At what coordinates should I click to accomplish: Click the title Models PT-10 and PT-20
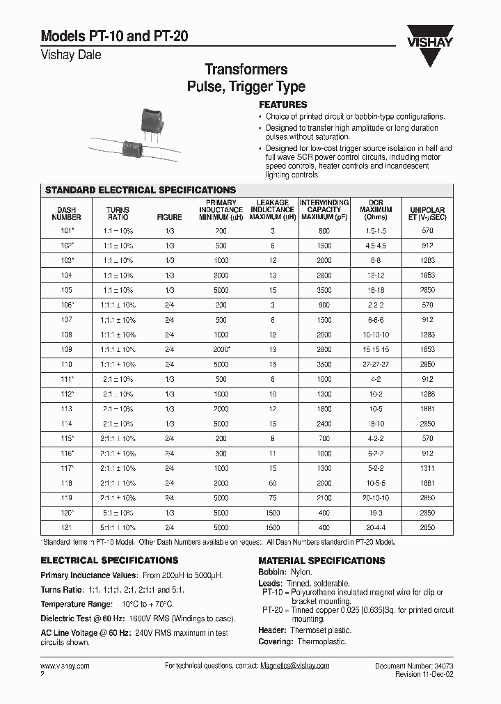(x=114, y=37)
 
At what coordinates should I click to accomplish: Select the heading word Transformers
(x=246, y=70)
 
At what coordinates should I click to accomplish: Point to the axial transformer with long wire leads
(x=133, y=148)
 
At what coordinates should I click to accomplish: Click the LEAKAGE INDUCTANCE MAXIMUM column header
(x=272, y=209)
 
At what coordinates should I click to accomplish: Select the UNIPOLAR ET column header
(x=427, y=213)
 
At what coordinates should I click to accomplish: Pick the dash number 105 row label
(x=67, y=290)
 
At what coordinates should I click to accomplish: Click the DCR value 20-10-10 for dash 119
(x=375, y=498)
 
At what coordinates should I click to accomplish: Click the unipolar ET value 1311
(x=427, y=469)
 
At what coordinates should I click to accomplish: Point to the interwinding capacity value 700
(x=324, y=439)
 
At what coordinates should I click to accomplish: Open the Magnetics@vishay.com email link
(x=294, y=666)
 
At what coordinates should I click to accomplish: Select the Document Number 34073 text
(x=414, y=666)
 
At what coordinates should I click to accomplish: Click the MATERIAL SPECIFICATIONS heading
(x=321, y=561)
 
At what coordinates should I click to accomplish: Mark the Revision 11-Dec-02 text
(x=424, y=674)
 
